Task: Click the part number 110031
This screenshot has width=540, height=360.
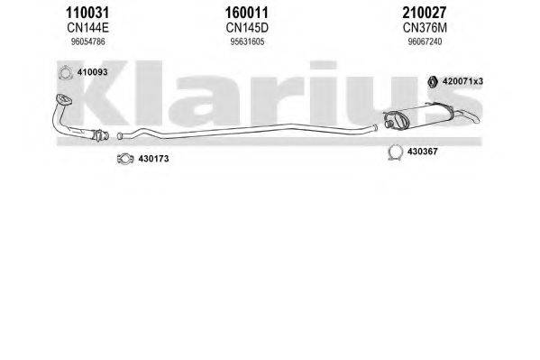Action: [87, 13]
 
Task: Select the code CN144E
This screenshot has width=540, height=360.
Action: [87, 28]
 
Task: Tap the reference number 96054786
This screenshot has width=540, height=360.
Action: [87, 42]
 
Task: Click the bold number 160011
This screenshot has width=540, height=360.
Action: [247, 13]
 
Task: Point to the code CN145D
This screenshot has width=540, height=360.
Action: [247, 28]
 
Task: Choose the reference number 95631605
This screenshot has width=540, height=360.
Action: [247, 42]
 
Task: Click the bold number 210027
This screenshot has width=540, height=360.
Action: [425, 13]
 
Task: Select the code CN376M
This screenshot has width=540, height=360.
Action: [425, 28]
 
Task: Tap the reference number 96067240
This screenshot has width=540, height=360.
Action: [425, 42]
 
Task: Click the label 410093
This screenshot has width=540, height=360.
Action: [92, 72]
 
